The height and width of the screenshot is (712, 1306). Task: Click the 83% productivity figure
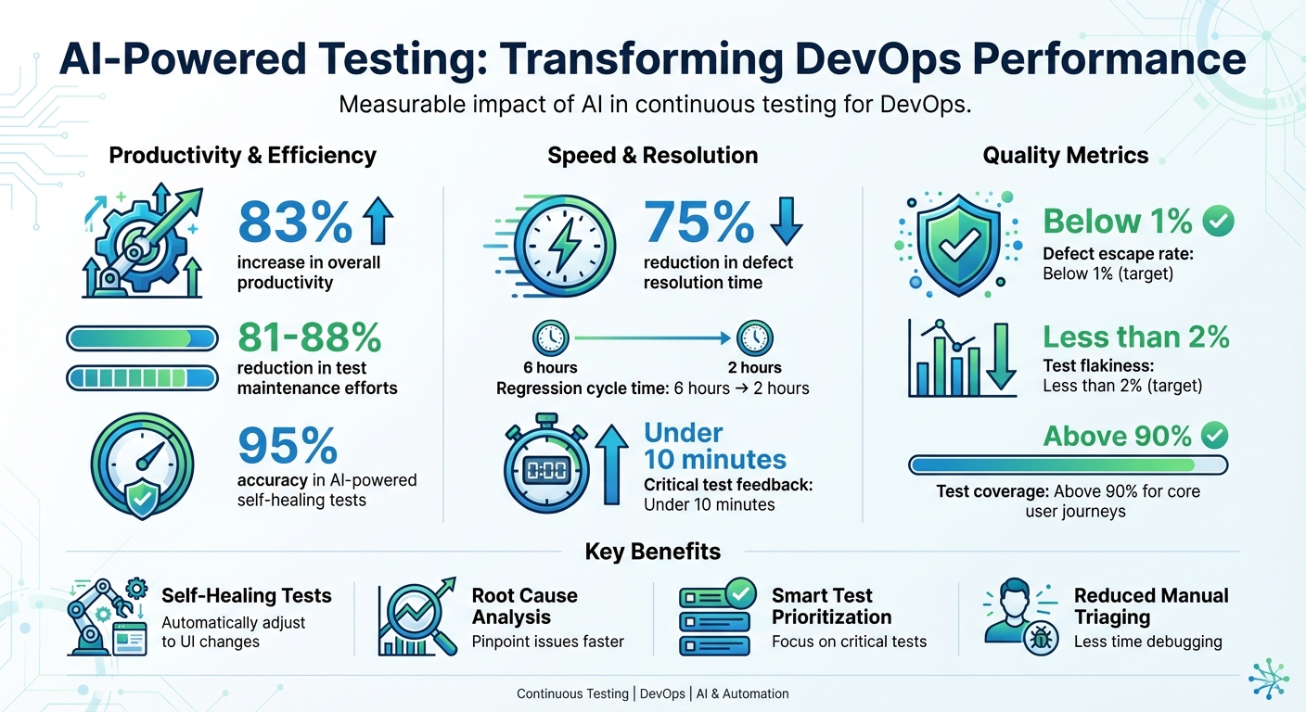pos(295,221)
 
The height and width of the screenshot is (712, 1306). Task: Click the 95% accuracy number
pos(288,447)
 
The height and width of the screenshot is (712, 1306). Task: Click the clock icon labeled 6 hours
pos(551,337)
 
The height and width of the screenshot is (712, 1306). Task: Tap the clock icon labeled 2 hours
pos(754,337)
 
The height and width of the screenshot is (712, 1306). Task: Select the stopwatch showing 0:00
pos(545,470)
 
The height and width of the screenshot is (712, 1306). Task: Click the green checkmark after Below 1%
pos(1218,221)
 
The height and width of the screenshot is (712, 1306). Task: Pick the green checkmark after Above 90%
pos(1213,435)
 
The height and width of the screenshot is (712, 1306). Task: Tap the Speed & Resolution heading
pos(652,156)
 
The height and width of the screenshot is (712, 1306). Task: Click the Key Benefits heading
pos(652,553)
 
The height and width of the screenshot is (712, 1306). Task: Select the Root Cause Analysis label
pos(524,606)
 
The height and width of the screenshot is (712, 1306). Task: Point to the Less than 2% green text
pos(1136,337)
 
